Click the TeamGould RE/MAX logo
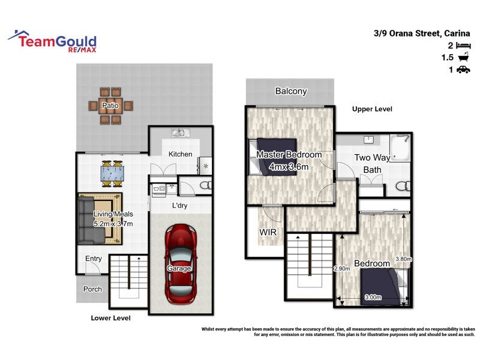[x=52, y=41]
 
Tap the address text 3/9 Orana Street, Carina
[x=422, y=34]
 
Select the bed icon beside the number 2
[x=463, y=46]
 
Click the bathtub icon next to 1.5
[x=463, y=58]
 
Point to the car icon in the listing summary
[x=463, y=70]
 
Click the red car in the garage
[x=181, y=262]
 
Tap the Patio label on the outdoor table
[x=110, y=106]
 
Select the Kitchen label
[x=180, y=154]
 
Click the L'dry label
[x=181, y=206]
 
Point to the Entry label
[x=94, y=259]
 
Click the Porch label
[x=92, y=289]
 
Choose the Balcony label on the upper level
[x=291, y=91]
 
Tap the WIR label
[x=268, y=231]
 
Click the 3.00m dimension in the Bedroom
[x=373, y=296]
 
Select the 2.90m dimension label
[x=342, y=268]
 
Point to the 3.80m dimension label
[x=403, y=260]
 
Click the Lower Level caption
[x=110, y=318]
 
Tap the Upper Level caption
[x=372, y=109]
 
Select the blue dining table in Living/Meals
[x=112, y=174]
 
